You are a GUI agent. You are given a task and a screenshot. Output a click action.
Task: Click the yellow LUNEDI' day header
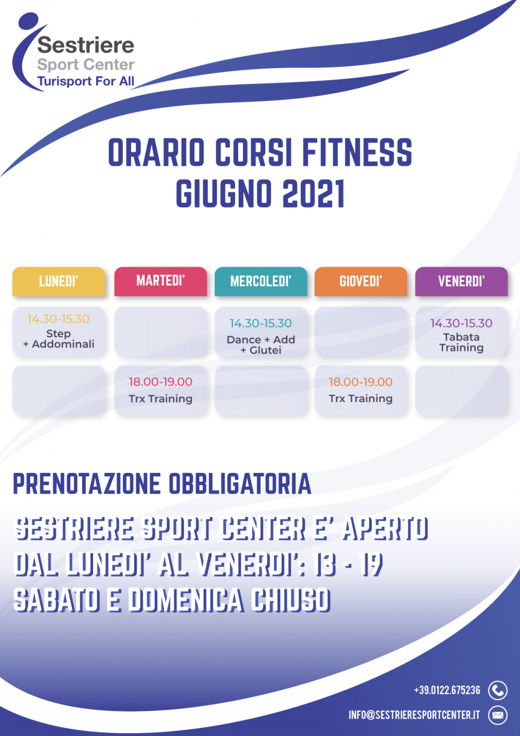coord(59,281)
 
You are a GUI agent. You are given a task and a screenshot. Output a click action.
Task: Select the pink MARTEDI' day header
coord(161,281)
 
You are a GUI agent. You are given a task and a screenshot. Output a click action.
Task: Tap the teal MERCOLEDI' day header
coord(261,281)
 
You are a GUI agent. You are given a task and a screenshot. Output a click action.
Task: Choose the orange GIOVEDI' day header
coord(361,281)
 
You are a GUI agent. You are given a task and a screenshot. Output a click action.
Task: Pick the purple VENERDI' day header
coord(462,281)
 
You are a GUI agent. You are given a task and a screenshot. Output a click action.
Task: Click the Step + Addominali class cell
coord(59,332)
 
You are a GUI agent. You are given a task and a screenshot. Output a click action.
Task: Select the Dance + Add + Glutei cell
coord(261,332)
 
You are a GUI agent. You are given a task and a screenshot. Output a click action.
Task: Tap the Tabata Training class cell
coord(462,332)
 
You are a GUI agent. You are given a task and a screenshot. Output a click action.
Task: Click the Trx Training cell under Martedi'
coord(161,391)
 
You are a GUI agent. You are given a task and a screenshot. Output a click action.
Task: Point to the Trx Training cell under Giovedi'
coord(361,391)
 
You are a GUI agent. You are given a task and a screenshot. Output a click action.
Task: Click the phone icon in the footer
coord(498,690)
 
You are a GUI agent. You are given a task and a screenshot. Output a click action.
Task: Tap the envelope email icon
coord(498,715)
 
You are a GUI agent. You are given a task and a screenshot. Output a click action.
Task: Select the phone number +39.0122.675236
coord(447,690)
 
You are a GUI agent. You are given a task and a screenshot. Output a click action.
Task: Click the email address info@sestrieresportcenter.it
coord(414,715)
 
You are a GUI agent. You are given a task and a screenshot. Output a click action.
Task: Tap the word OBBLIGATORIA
coord(240,484)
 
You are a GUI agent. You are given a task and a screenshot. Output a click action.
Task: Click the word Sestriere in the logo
coord(86,45)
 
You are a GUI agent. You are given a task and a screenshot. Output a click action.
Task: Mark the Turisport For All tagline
coord(86,81)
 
